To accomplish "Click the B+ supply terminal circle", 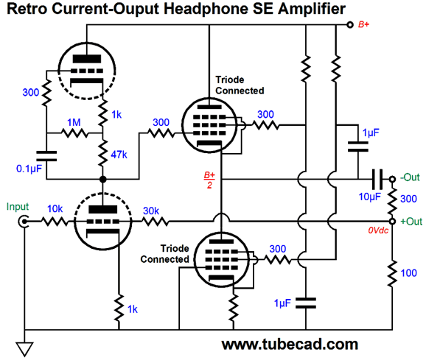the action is pyautogui.click(x=350, y=25).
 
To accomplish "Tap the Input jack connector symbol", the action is pyautogui.click(x=24, y=222).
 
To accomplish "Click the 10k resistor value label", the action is pyautogui.click(x=55, y=209).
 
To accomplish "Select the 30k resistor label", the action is pyautogui.click(x=151, y=211).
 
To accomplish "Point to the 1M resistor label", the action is pyautogui.click(x=74, y=122).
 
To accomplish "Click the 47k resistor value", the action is pyautogui.click(x=119, y=155).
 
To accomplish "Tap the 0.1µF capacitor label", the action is pyautogui.click(x=29, y=169).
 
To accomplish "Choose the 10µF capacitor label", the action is pyautogui.click(x=370, y=197).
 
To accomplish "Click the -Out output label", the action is pyautogui.click(x=410, y=177).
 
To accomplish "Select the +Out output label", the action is pyautogui.click(x=411, y=222).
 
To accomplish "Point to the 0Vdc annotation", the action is pyautogui.click(x=378, y=230).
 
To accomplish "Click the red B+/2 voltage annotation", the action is pyautogui.click(x=209, y=180).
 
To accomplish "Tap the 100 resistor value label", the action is pyautogui.click(x=408, y=273).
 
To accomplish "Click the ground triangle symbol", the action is pyautogui.click(x=25, y=349).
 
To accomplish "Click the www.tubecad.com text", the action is pyautogui.click(x=290, y=345).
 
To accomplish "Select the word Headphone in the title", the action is pyautogui.click(x=206, y=9).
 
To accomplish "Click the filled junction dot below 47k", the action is pyautogui.click(x=102, y=180).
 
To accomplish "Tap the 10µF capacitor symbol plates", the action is pyautogui.click(x=377, y=179).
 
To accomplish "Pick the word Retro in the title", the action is pyautogui.click(x=27, y=9).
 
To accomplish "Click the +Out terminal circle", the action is pyautogui.click(x=392, y=222).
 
